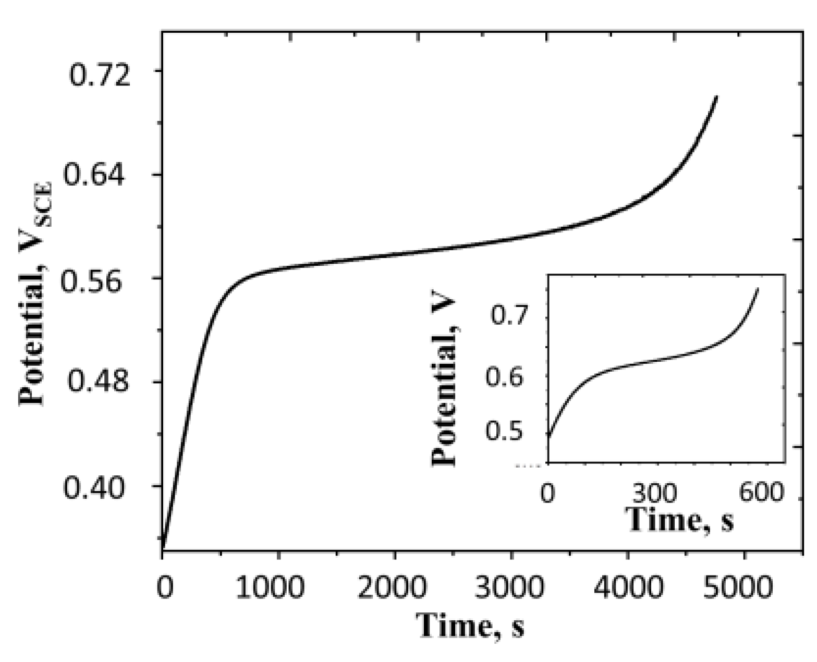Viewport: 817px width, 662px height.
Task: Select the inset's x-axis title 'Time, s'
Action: click(x=681, y=519)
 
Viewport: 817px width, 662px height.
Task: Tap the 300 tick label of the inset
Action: click(x=655, y=492)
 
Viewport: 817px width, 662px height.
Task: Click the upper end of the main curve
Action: click(x=717, y=96)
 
